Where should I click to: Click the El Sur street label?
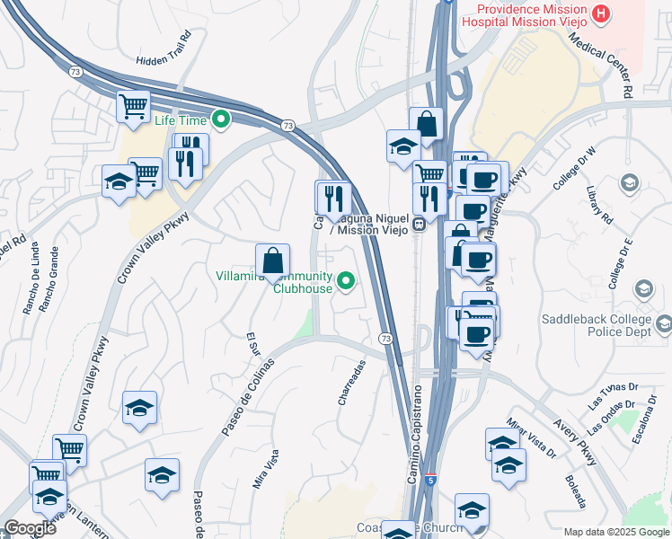252,342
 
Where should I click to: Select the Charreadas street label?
352,384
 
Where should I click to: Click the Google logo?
29,528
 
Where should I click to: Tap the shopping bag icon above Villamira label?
272,261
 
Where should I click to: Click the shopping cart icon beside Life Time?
133,107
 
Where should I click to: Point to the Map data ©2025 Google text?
615,532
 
